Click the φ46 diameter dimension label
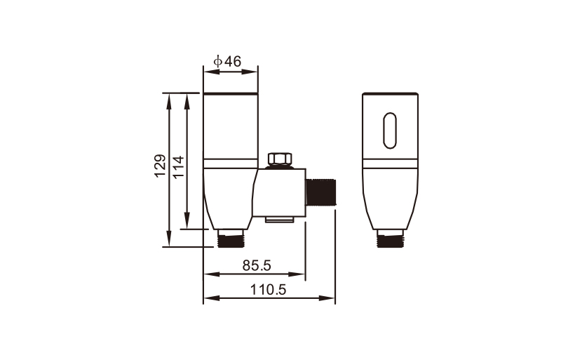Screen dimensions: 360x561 [x=228, y=62]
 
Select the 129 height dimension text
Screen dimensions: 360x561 [x=161, y=166]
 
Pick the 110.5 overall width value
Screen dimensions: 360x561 [x=269, y=289]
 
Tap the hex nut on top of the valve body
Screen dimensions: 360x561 [x=280, y=159]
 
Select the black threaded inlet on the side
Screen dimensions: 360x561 [x=322, y=192]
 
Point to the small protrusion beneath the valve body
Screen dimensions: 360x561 [x=279, y=220]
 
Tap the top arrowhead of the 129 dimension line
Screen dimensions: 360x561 [x=170, y=98]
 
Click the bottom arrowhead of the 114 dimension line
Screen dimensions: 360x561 [x=187, y=224]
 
